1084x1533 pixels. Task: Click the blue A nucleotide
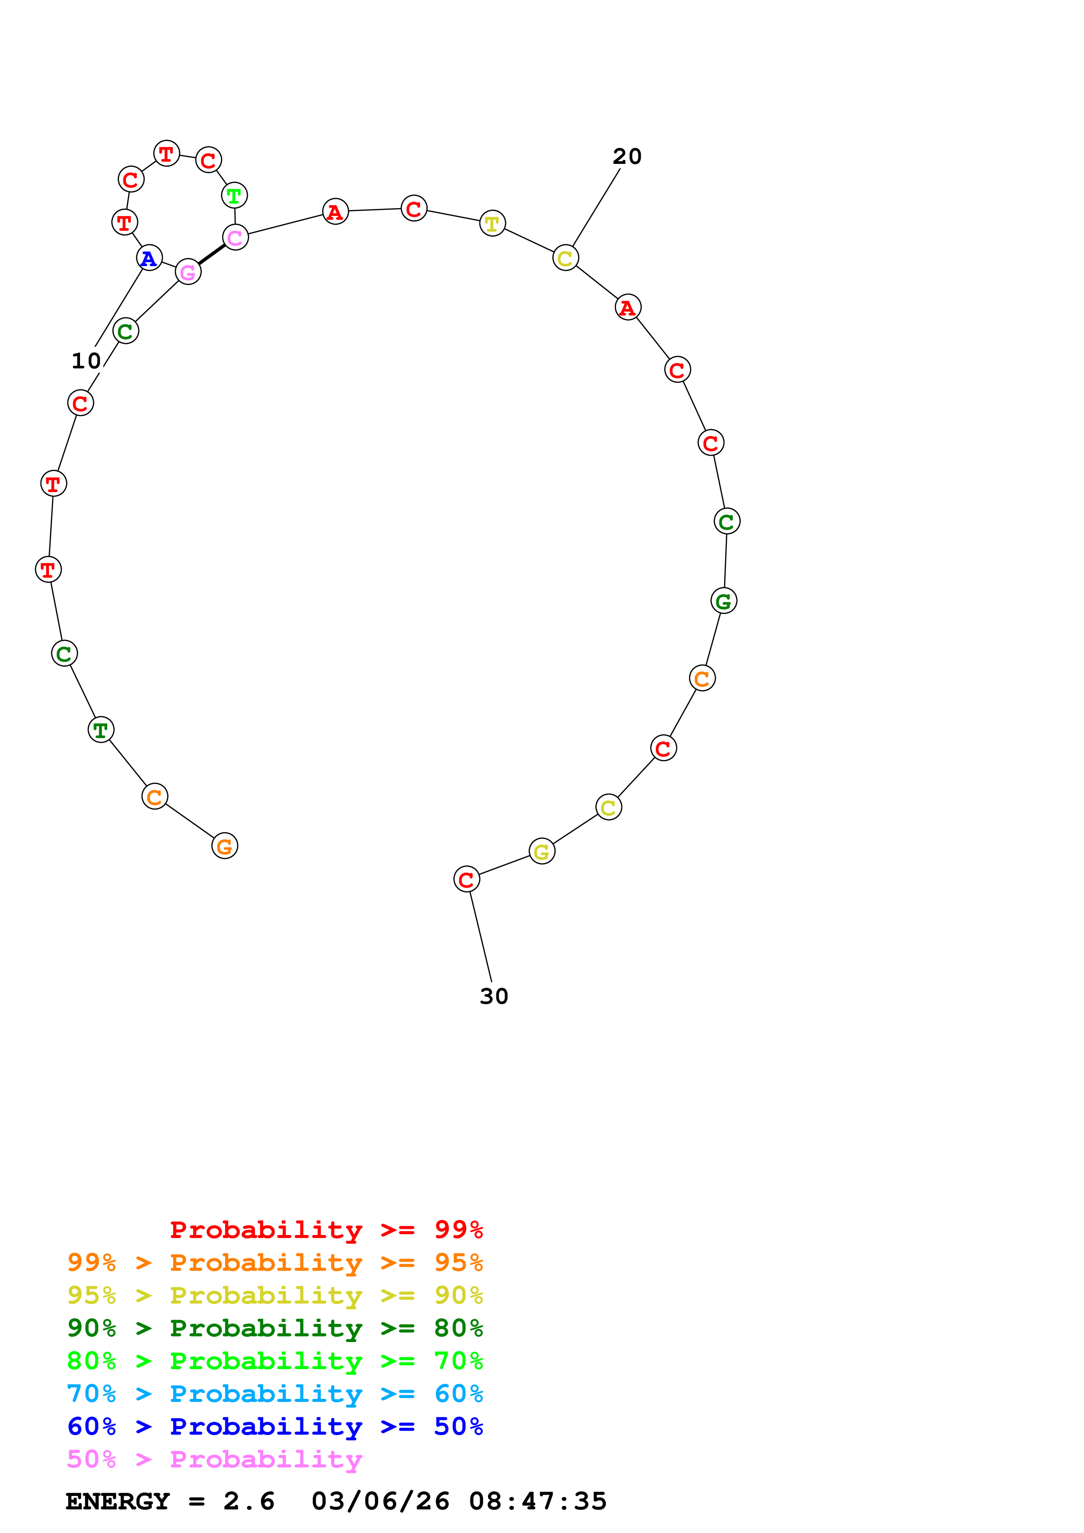(x=149, y=258)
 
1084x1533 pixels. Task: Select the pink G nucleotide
(x=188, y=272)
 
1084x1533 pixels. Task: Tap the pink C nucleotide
(x=235, y=237)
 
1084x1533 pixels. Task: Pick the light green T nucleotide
(x=234, y=196)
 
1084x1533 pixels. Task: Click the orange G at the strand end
(x=224, y=846)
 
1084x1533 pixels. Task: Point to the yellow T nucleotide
(x=492, y=224)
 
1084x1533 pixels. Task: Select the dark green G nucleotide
(x=723, y=601)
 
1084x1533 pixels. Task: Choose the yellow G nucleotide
(x=542, y=851)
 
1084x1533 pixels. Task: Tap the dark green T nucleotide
(x=101, y=730)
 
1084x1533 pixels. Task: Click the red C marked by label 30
(x=466, y=879)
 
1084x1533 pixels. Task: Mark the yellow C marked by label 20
(x=565, y=258)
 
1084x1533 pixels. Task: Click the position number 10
(x=86, y=361)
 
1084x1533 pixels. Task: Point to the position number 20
(x=627, y=157)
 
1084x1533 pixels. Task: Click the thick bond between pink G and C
(x=212, y=254)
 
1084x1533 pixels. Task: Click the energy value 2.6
(x=248, y=1502)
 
